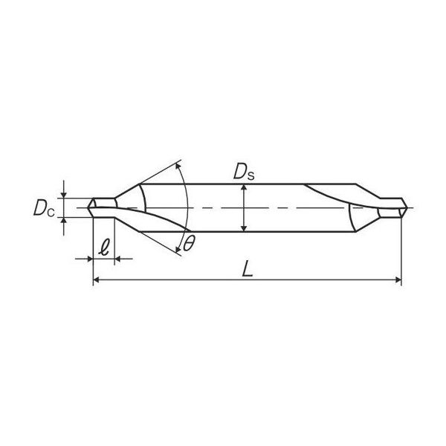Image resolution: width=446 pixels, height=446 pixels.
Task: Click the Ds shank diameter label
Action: [244, 172]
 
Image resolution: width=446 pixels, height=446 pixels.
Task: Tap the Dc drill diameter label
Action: [44, 208]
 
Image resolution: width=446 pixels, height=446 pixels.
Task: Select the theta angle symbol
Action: [189, 244]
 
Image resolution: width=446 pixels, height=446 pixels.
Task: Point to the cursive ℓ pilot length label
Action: [104, 248]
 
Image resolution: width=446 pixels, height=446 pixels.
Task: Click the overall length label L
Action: [248, 269]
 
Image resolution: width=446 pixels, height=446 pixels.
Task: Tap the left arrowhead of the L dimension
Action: [96, 280]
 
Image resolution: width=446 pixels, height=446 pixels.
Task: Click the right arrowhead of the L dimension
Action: [398, 280]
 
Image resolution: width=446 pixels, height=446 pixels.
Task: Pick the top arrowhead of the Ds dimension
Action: [244, 187]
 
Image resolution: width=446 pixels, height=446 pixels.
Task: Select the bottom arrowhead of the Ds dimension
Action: [244, 229]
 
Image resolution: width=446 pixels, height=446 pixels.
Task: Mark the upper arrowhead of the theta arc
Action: [178, 166]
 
